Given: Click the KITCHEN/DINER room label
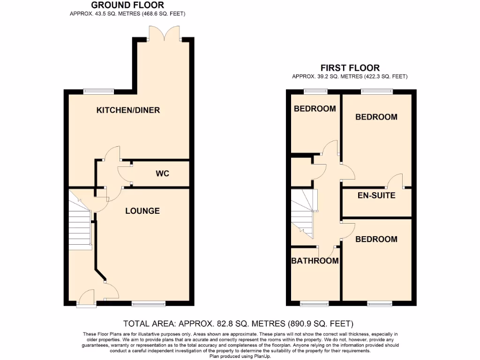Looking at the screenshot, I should (x=128, y=110).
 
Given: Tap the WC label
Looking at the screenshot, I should (x=162, y=173).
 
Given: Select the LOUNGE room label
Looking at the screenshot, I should (x=142, y=211).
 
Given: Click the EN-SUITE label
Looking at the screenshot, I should (x=376, y=195).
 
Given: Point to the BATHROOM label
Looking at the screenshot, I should (x=315, y=261).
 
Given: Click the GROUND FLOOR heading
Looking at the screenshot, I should (x=127, y=5).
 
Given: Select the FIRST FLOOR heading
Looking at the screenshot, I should (x=350, y=68).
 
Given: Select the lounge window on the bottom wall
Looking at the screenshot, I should (x=149, y=304).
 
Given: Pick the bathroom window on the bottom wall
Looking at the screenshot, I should (x=314, y=304).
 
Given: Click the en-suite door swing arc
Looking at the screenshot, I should (x=395, y=180).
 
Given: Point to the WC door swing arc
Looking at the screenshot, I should (x=124, y=173).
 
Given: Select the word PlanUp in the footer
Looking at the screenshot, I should (x=260, y=356).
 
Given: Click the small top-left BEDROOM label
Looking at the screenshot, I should (x=315, y=109).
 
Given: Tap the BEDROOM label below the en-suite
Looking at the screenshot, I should (x=376, y=239).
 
